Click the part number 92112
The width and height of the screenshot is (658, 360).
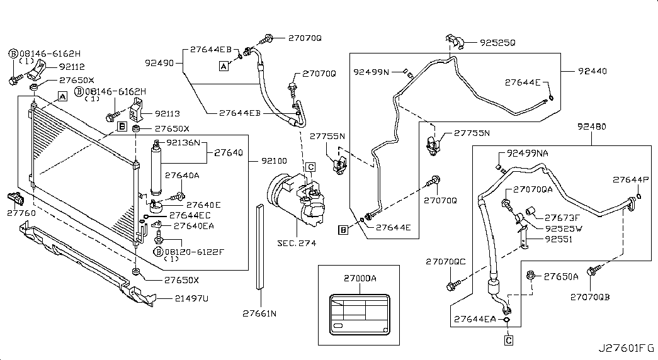pyautogui.click(x=72, y=66)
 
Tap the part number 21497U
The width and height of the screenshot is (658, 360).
pyautogui.click(x=174, y=299)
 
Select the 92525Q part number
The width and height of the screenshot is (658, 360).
pyautogui.click(x=497, y=43)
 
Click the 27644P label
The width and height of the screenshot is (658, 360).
pyautogui.click(x=630, y=180)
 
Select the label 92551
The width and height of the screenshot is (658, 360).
pyautogui.click(x=559, y=239)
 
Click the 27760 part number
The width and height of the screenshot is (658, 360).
pyautogui.click(x=22, y=213)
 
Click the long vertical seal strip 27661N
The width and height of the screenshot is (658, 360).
pyautogui.click(x=259, y=245)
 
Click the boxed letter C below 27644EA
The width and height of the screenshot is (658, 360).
pyautogui.click(x=509, y=340)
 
